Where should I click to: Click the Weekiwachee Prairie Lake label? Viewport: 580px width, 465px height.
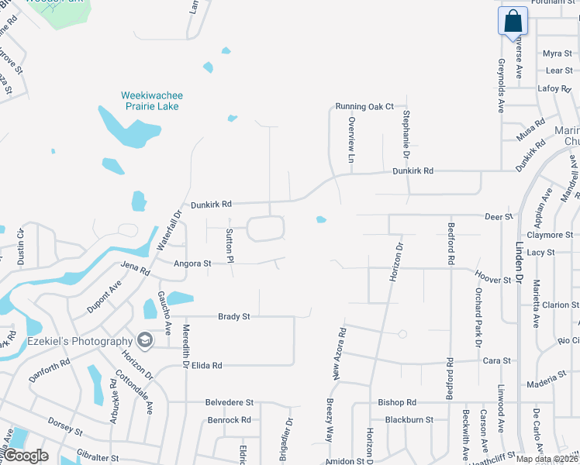pyautogui.click(x=152, y=100)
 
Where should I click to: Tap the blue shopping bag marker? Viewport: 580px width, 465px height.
pyautogui.click(x=513, y=21)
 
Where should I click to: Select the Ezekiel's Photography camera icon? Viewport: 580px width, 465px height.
pyautogui.click(x=144, y=340)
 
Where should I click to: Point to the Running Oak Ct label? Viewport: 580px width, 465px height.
pyautogui.click(x=364, y=106)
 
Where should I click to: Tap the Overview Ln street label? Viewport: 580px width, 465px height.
pyautogui.click(x=351, y=140)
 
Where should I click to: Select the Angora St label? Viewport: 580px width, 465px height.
pyautogui.click(x=192, y=263)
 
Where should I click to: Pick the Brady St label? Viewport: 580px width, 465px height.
pyautogui.click(x=233, y=316)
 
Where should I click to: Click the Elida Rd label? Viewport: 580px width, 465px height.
pyautogui.click(x=207, y=365)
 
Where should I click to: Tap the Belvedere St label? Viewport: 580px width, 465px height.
pyautogui.click(x=230, y=402)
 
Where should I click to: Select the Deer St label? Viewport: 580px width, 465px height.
pyautogui.click(x=499, y=217)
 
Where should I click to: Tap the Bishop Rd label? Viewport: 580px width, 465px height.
pyautogui.click(x=397, y=402)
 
